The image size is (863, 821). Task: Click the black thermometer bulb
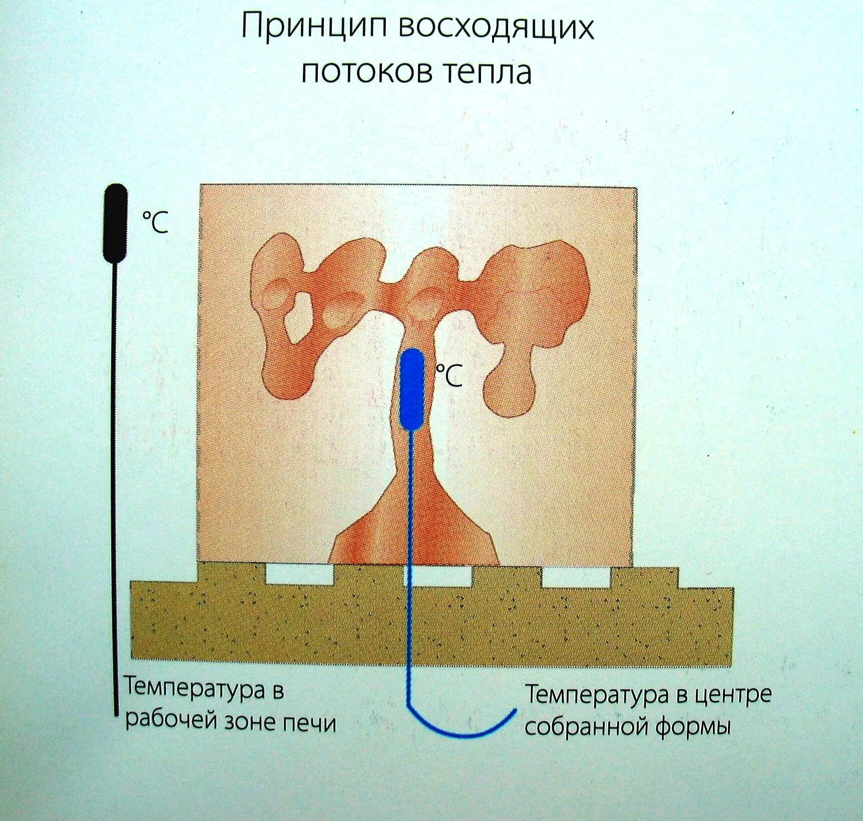(x=115, y=223)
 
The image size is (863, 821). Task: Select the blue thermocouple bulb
(x=412, y=389)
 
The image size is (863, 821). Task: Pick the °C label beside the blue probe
(x=449, y=376)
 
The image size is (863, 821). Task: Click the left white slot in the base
(x=299, y=574)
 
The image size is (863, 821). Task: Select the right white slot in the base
(x=576, y=577)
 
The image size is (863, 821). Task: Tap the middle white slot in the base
(x=438, y=576)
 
